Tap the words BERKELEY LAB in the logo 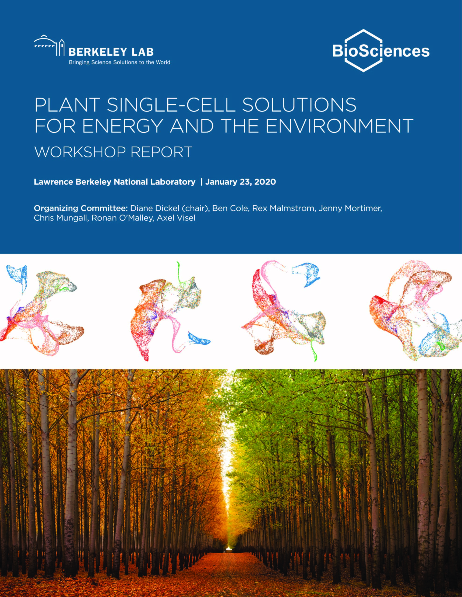click(x=111, y=52)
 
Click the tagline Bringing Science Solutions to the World click(x=119, y=62)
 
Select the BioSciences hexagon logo click(x=381, y=51)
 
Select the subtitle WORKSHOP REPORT click(x=113, y=152)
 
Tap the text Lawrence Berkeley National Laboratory click(x=115, y=182)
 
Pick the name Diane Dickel click(x=155, y=208)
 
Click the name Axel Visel click(x=176, y=218)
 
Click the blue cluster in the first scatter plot click(x=18, y=278)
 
